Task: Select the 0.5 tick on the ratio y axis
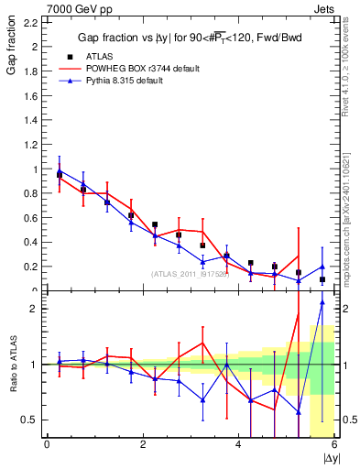[29, 420]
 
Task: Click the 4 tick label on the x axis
[239, 445]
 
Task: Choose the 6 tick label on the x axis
[334, 445]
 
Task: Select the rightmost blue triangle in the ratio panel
[322, 302]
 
